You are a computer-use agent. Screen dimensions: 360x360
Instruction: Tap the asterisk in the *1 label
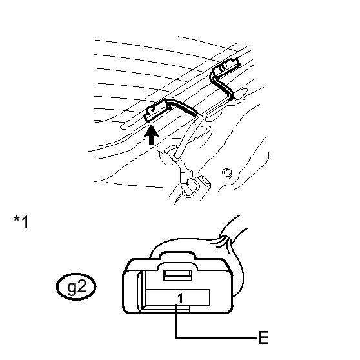[17, 219]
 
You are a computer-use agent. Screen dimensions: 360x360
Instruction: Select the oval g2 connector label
[76, 286]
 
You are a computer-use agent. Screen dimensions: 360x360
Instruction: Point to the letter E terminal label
[263, 337]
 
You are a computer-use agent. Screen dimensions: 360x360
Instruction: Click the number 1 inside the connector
[181, 298]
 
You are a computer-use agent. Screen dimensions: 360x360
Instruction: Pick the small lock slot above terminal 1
[178, 275]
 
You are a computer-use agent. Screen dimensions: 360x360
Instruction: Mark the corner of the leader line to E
[176, 337]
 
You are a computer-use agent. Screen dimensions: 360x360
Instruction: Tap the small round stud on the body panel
[227, 173]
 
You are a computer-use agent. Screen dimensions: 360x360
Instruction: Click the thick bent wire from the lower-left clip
[183, 106]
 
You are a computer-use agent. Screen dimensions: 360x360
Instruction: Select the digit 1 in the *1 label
[25, 222]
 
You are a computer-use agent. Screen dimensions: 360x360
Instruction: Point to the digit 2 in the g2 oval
[82, 286]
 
